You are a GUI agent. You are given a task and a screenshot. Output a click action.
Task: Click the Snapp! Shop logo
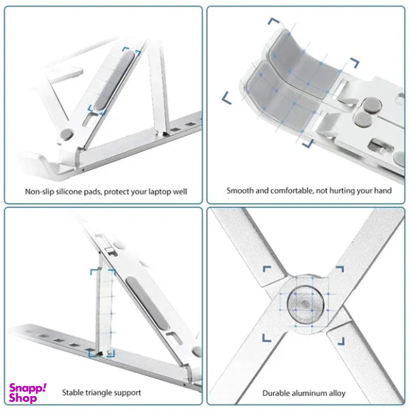pyautogui.click(x=28, y=393)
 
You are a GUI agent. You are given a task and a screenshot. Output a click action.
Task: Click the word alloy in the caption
pyautogui.click(x=338, y=393)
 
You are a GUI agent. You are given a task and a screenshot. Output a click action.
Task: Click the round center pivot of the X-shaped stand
pyautogui.click(x=305, y=305)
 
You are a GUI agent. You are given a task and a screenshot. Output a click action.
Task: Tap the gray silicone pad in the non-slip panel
pyautogui.click(x=113, y=81)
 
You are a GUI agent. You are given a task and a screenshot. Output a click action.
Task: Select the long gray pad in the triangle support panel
pyautogui.click(x=148, y=303)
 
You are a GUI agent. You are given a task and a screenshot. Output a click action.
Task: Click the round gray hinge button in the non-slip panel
pyautogui.click(x=66, y=134)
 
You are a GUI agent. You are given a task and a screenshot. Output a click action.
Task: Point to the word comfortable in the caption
pyautogui.click(x=291, y=191)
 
